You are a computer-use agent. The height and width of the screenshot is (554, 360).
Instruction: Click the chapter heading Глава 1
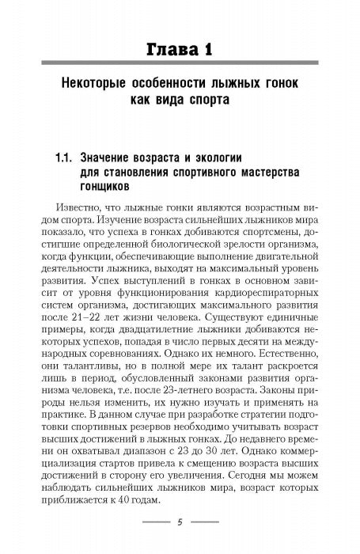click(x=180, y=51)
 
